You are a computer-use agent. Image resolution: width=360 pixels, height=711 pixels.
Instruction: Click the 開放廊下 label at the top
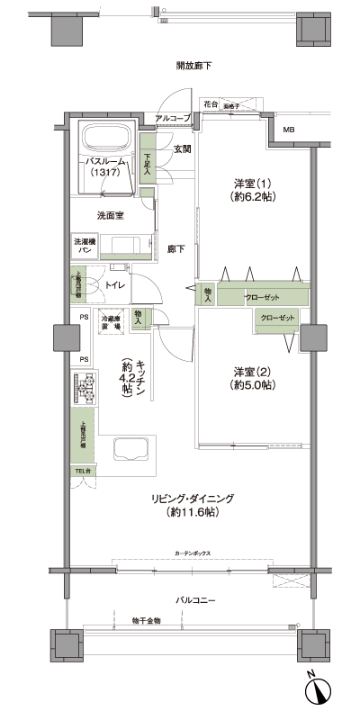point(193,67)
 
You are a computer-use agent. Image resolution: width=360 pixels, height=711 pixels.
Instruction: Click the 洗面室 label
point(111,216)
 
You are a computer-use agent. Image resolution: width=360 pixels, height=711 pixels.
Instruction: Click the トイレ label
point(116,285)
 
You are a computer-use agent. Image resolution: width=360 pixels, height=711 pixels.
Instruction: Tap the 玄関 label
point(183,149)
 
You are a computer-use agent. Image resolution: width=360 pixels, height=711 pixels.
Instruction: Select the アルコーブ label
point(173,119)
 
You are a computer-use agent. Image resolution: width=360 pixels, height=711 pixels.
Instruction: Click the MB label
point(289,131)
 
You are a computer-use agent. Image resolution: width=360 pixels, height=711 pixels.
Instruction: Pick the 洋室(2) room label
point(254,378)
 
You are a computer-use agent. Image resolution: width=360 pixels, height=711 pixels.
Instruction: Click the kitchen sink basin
point(130,451)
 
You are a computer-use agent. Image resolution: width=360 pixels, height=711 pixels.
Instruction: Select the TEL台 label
point(82,471)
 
